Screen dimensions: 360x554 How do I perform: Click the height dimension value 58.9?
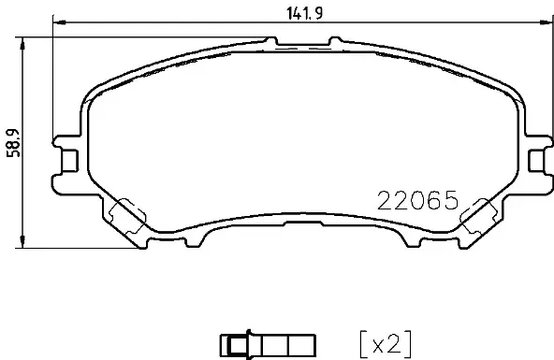(x=13, y=143)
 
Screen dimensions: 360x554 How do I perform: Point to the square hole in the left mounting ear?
(x=67, y=160)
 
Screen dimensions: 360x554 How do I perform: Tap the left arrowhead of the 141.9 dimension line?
(x=56, y=23)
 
